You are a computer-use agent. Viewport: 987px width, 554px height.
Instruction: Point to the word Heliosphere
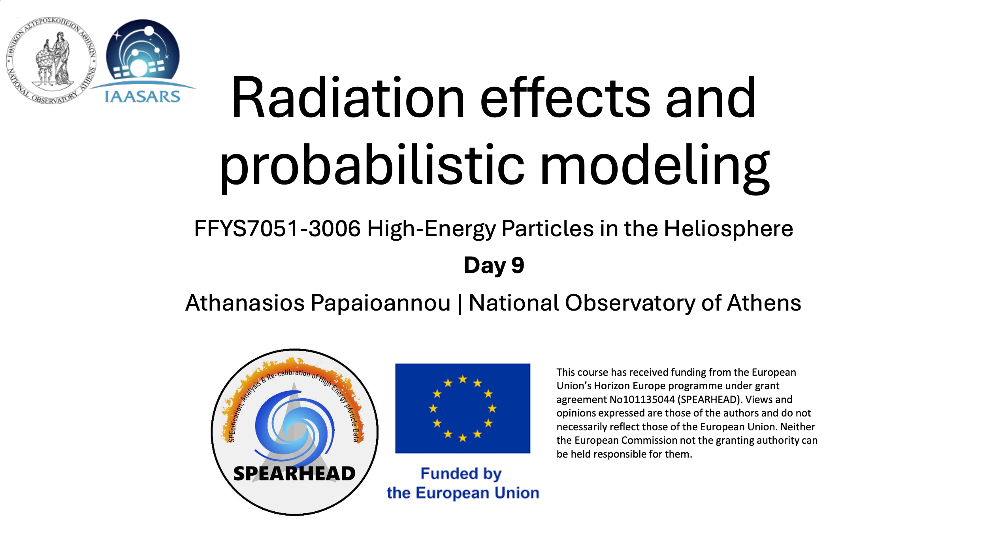(x=728, y=228)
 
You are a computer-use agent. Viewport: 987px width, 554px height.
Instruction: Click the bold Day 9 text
(x=494, y=265)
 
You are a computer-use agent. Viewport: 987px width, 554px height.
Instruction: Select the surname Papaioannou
(x=380, y=303)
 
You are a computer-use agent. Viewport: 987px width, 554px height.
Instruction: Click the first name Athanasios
(x=245, y=303)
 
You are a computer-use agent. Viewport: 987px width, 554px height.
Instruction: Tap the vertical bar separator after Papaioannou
(x=460, y=303)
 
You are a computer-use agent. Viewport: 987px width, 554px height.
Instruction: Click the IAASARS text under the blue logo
(x=142, y=96)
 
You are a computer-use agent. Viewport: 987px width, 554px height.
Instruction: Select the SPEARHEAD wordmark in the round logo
(x=294, y=473)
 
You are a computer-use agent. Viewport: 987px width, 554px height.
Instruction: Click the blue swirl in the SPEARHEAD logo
(x=294, y=427)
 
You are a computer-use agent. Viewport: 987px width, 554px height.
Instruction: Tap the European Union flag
(x=463, y=408)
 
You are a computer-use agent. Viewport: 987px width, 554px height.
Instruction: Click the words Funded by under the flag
(x=461, y=473)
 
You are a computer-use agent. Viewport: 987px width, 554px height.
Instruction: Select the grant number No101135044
(x=642, y=399)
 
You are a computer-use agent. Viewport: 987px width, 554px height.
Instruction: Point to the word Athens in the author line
(x=764, y=303)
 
